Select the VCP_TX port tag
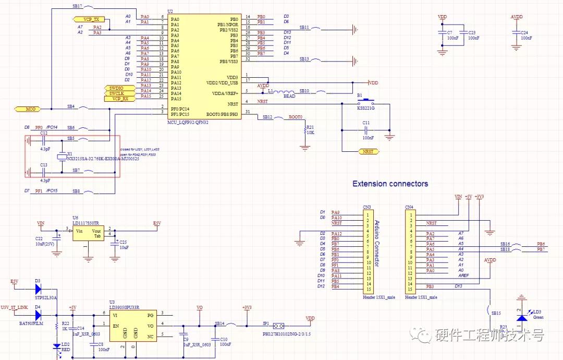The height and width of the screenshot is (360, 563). click(x=90, y=19)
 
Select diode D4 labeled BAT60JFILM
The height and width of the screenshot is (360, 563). click(x=38, y=315)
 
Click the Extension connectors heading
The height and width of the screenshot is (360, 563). click(x=390, y=184)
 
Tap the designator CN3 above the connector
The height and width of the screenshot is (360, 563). click(x=366, y=207)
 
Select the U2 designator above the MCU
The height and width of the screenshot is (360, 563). click(x=170, y=11)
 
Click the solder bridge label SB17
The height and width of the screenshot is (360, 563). click(x=76, y=6)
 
